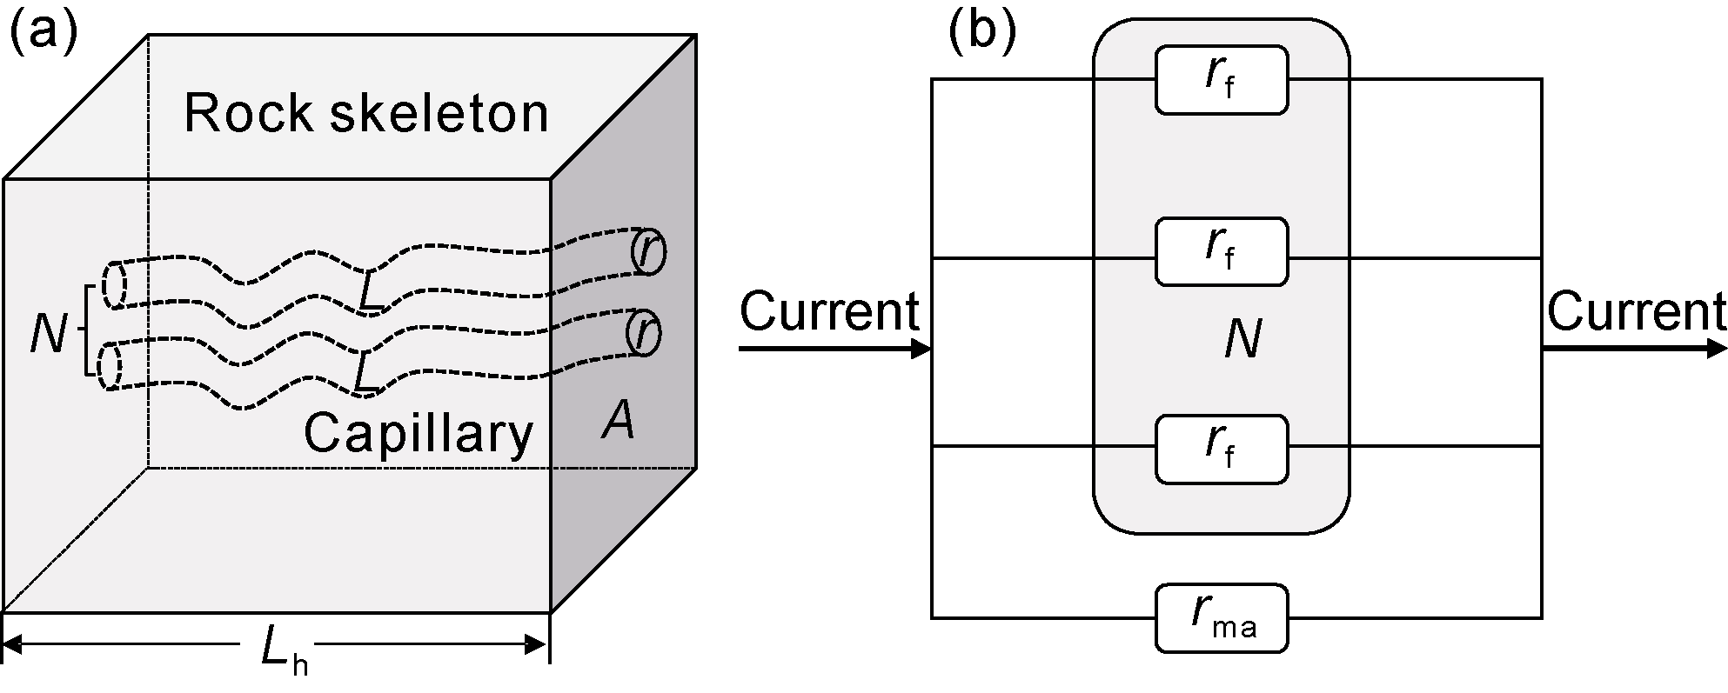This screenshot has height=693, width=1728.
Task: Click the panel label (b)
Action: pos(981,34)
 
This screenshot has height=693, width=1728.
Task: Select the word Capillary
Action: pos(418,432)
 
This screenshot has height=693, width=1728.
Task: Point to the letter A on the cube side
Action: pos(618,423)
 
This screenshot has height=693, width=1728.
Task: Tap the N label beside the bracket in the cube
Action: pos(47,332)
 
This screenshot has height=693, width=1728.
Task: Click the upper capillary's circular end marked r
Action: pos(648,252)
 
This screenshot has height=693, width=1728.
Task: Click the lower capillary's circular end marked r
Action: pos(644,334)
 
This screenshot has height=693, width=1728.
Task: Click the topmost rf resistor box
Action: pos(1221,80)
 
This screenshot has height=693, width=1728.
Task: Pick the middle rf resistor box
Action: pos(1221,251)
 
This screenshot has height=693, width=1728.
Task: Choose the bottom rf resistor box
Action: pos(1221,449)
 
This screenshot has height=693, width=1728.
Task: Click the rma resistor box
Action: pos(1221,617)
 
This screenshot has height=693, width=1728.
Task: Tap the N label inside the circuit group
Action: pos(1242,339)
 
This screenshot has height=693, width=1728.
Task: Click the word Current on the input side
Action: pos(829,310)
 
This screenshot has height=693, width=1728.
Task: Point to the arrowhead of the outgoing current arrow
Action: pos(1716,349)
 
